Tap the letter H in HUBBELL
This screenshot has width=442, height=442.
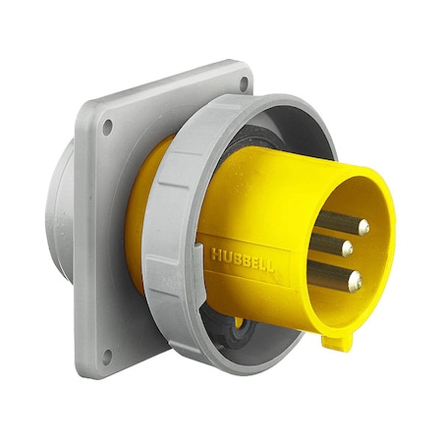pyautogui.click(x=215, y=254)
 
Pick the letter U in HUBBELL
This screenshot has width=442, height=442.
pyautogui.click(x=224, y=255)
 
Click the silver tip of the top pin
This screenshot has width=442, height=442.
pyautogui.click(x=363, y=228)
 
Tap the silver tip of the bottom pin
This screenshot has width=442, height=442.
pyautogui.click(x=355, y=283)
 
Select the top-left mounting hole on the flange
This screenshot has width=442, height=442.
pyautogui.click(x=106, y=126)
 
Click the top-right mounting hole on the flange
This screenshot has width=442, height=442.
pyautogui.click(x=243, y=84)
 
